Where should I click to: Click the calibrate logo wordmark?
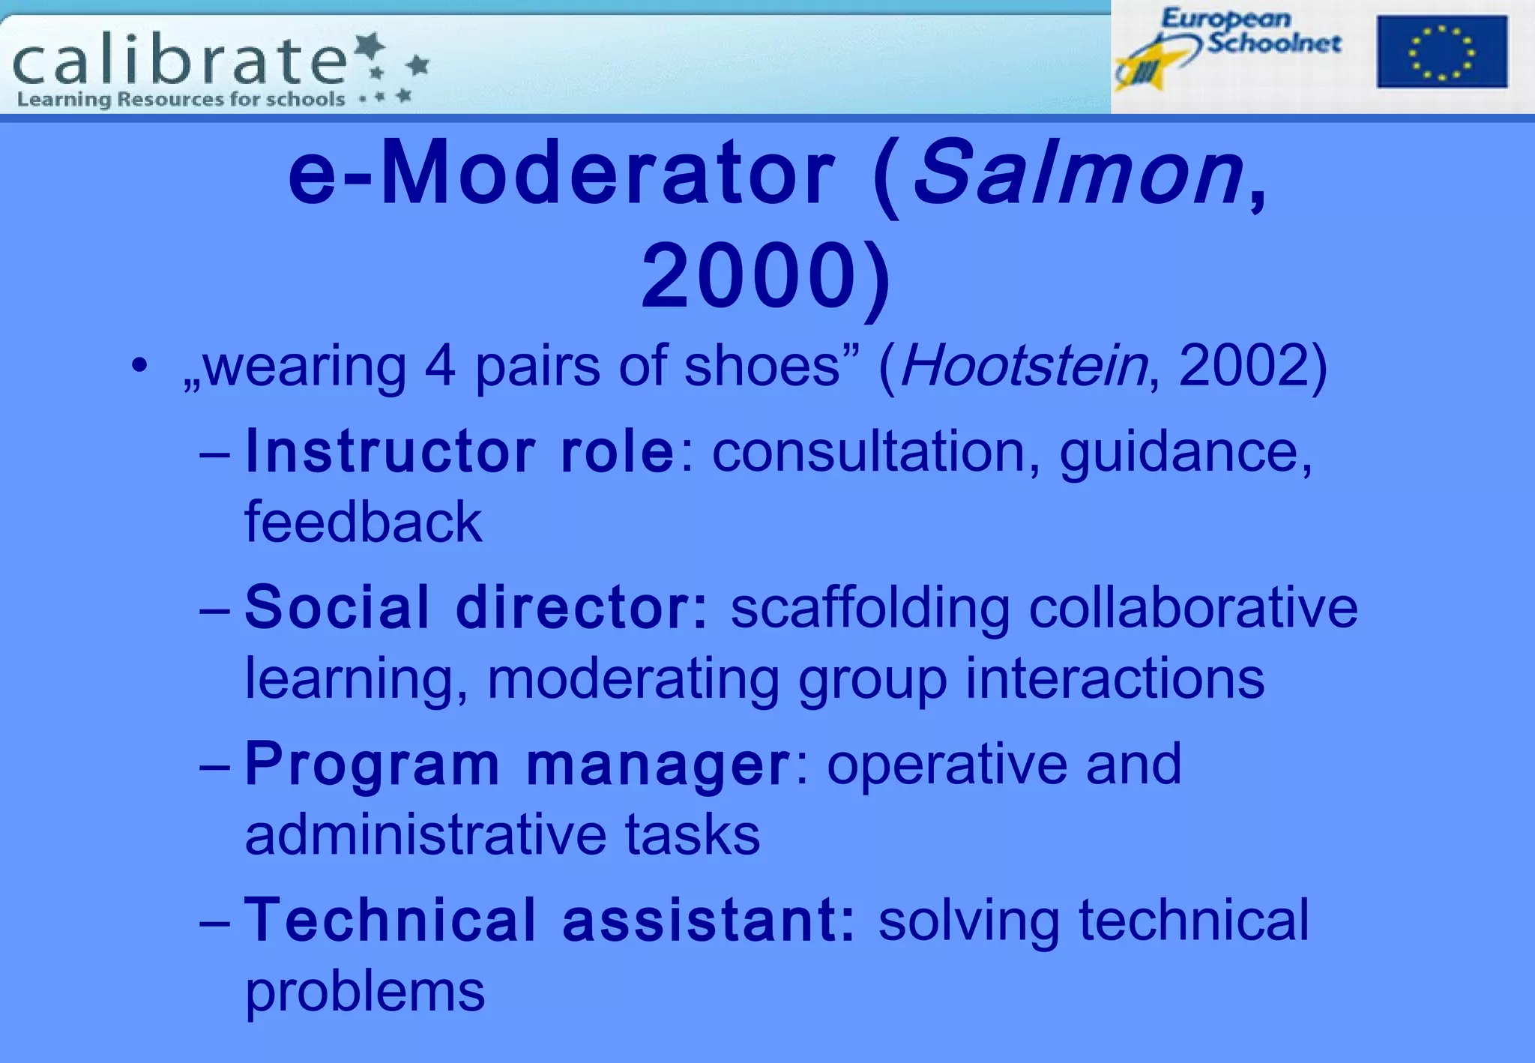coord(180,61)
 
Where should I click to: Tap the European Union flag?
coord(1441,52)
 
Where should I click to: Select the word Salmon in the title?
coord(1078,175)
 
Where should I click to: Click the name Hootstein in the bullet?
coord(1023,367)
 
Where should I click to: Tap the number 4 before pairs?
coord(440,367)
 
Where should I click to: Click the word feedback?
coord(364,523)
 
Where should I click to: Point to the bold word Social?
coord(337,607)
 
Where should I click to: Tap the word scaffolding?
coord(869,609)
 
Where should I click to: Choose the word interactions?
coord(1115,678)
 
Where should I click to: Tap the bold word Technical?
coord(390,920)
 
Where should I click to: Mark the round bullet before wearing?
coord(139,367)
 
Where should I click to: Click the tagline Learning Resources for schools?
coord(181,100)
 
